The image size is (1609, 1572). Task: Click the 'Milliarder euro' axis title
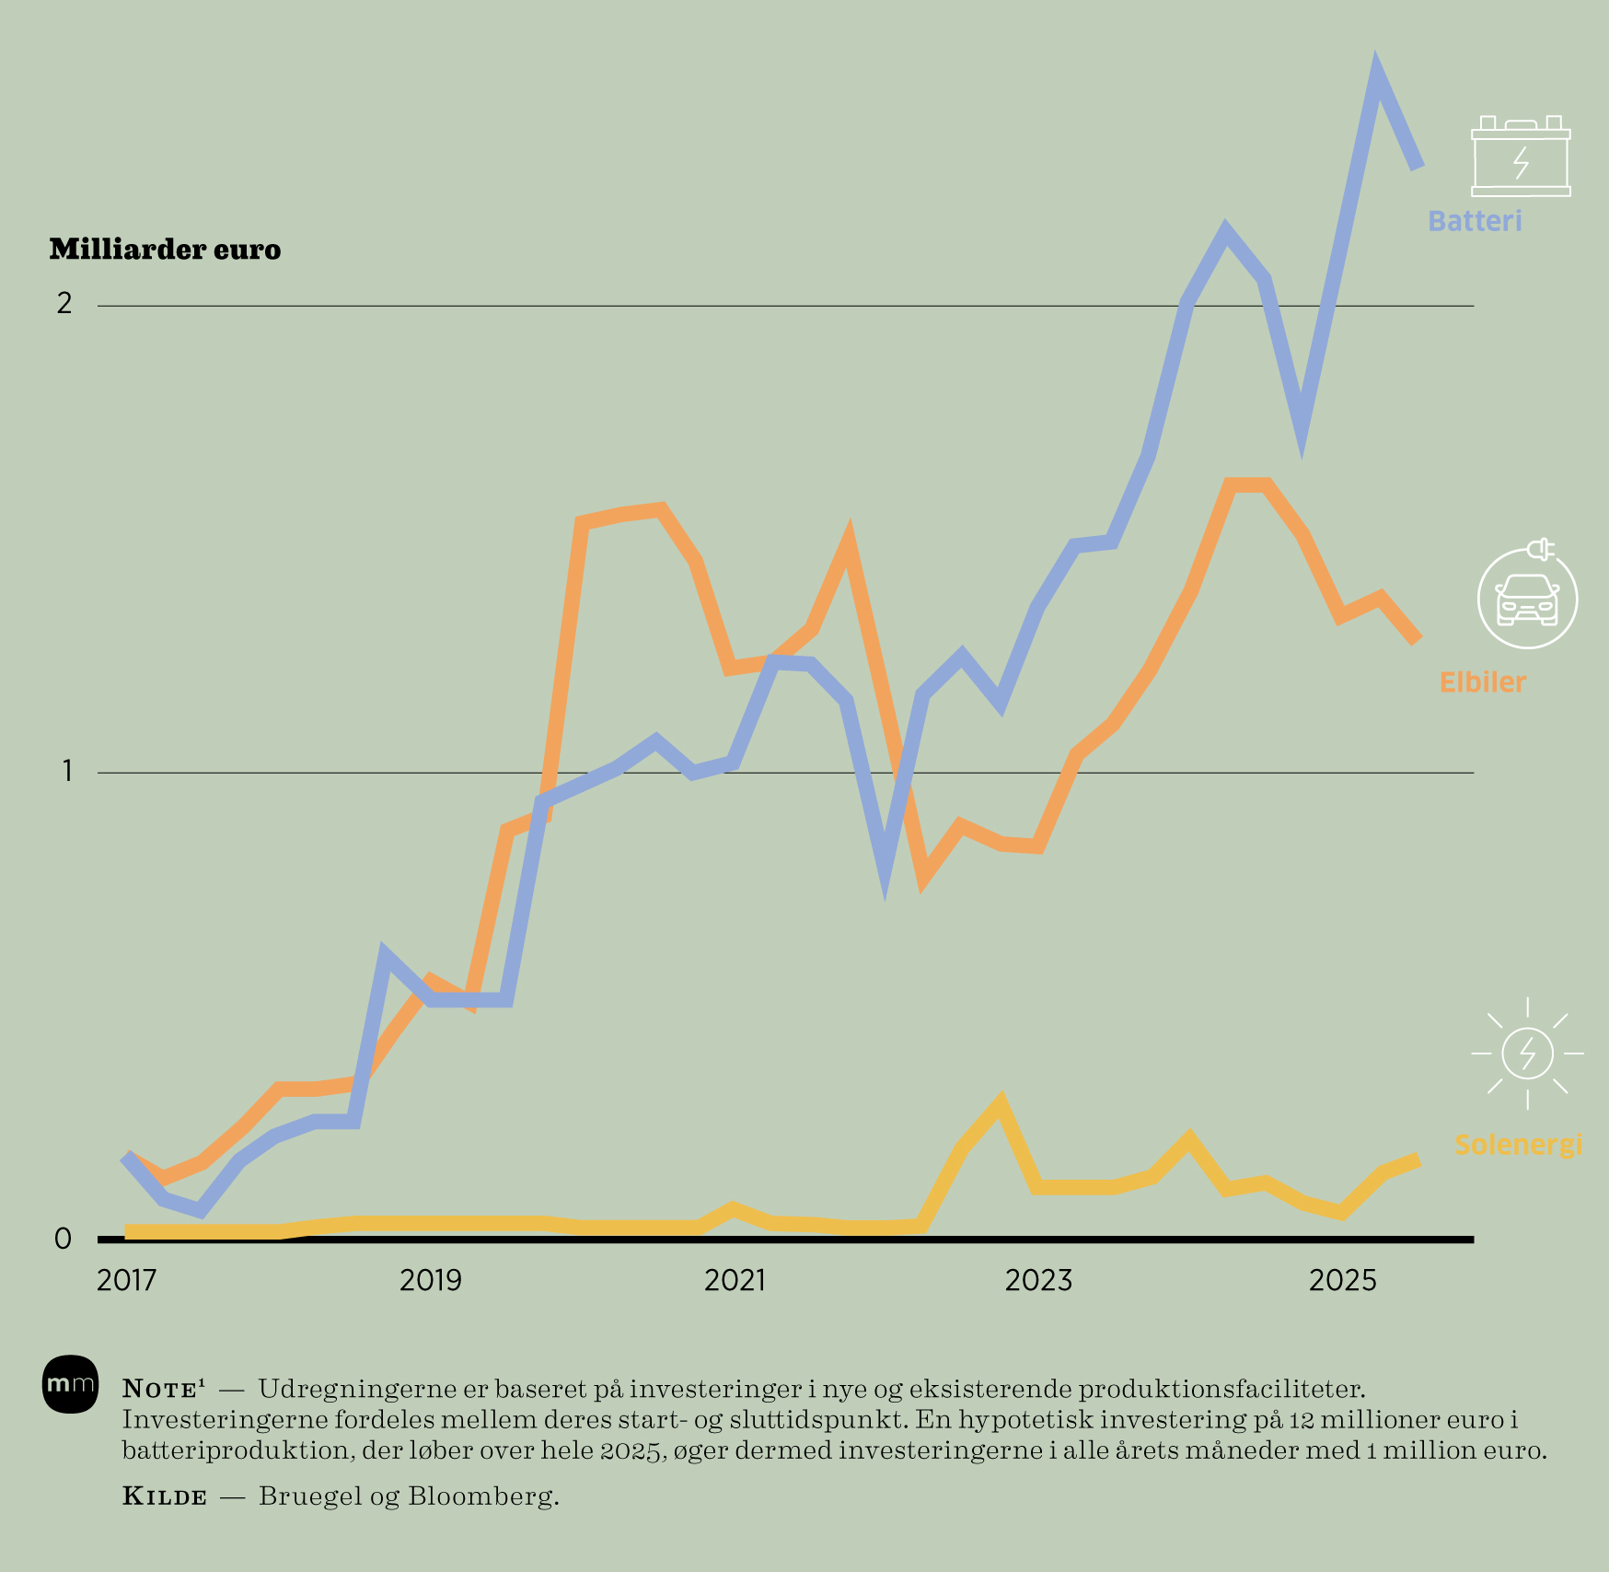tap(165, 250)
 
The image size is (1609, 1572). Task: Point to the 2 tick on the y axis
tap(64, 303)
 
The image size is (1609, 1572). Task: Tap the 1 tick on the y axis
tap(66, 771)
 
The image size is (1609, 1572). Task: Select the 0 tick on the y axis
tap(63, 1239)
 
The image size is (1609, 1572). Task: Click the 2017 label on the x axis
tap(126, 1280)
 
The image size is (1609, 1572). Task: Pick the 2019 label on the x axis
tap(430, 1280)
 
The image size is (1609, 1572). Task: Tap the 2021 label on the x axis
tap(735, 1280)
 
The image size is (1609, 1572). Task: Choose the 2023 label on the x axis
tap(1038, 1280)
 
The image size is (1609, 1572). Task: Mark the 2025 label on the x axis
tap(1342, 1280)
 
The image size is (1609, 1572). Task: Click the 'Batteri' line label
tap(1475, 221)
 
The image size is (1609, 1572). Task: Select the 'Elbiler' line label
tap(1482, 682)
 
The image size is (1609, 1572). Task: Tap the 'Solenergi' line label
tap(1518, 1145)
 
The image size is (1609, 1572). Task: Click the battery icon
tap(1521, 157)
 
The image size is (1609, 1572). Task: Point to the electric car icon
tap(1527, 598)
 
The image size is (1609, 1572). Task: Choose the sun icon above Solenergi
tap(1527, 1053)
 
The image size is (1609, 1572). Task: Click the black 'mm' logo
tap(70, 1383)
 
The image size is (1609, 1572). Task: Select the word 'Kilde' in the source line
tap(165, 1496)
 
